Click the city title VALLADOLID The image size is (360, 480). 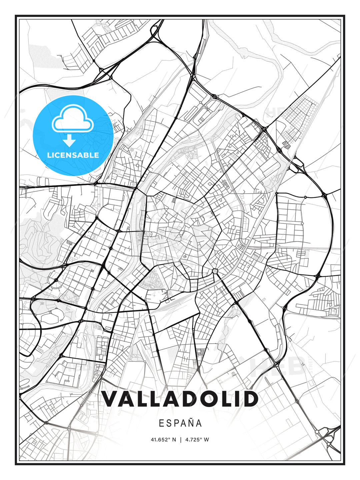180,399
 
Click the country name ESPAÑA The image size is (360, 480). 180,423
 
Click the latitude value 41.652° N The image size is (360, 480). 163,440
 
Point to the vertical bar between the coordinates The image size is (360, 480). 180,440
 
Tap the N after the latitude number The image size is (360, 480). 174,440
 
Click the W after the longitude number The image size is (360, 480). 207,440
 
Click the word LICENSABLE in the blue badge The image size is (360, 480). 73,155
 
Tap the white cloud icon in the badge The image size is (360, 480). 72,118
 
